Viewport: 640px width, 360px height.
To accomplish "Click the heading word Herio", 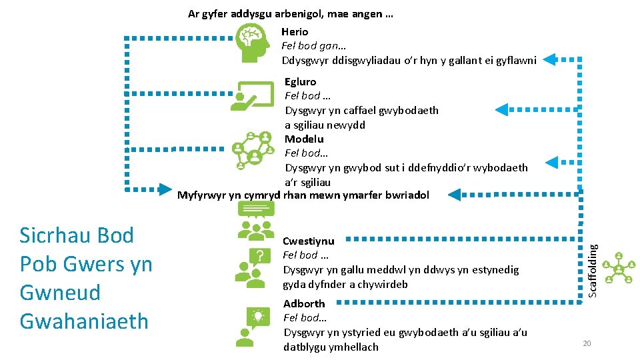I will (295, 31).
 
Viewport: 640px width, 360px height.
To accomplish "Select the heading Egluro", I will (300, 82).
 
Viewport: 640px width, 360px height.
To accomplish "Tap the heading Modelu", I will (304, 139).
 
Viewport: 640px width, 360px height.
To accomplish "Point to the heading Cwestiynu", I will (309, 241).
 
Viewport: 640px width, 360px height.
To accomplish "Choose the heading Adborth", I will (304, 303).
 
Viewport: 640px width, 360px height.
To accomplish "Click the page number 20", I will (587, 343).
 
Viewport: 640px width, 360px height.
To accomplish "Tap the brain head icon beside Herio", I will (251, 43).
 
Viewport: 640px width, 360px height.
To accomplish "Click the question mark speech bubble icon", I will (253, 267).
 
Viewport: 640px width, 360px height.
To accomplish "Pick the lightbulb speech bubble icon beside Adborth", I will (252, 326).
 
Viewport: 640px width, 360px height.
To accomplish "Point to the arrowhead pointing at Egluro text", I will (502, 109).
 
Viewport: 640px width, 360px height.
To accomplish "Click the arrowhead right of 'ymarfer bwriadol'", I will (455, 195).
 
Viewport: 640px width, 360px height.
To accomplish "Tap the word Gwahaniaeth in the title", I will (84, 321).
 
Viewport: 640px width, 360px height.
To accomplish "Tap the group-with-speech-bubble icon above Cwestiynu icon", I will (256, 220).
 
